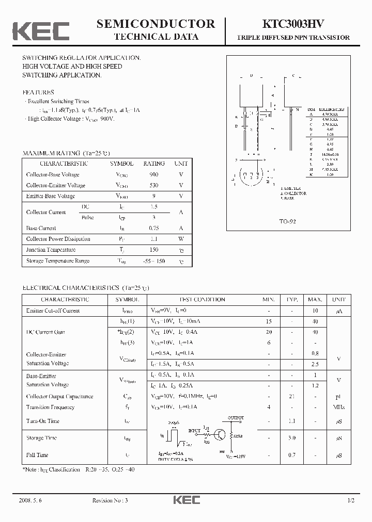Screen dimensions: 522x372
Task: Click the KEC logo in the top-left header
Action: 40,30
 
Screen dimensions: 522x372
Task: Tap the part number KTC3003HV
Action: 293,24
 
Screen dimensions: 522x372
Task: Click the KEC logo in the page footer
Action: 186,500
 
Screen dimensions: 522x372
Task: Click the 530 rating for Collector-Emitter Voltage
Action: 153,185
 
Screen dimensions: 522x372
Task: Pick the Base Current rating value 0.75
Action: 153,228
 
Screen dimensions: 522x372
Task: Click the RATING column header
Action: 153,164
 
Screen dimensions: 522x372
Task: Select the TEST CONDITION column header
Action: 202,300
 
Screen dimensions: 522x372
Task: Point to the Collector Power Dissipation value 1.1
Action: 153,239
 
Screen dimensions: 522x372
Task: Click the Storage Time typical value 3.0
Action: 291,438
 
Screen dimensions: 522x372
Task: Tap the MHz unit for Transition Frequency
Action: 338,407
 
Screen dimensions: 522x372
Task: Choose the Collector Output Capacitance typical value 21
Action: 291,397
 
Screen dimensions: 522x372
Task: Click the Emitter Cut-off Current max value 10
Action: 315,311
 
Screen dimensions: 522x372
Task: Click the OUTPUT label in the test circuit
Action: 236,418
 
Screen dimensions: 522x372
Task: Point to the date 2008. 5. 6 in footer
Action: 30,500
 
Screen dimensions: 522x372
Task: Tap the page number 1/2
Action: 351,500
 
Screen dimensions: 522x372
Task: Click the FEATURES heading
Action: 38,92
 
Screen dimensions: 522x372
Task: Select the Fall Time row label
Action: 37,455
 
